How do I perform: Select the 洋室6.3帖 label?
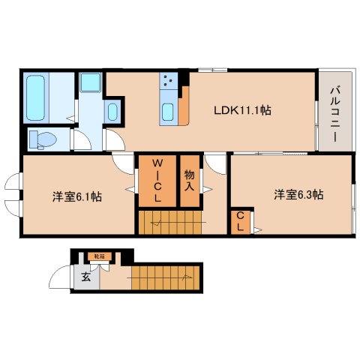(298, 195)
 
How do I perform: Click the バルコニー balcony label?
(332, 112)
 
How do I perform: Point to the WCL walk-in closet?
(157, 180)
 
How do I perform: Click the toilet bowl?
(46, 138)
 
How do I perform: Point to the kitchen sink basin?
(167, 112)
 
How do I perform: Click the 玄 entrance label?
(85, 277)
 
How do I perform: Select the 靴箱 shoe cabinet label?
(99, 257)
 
